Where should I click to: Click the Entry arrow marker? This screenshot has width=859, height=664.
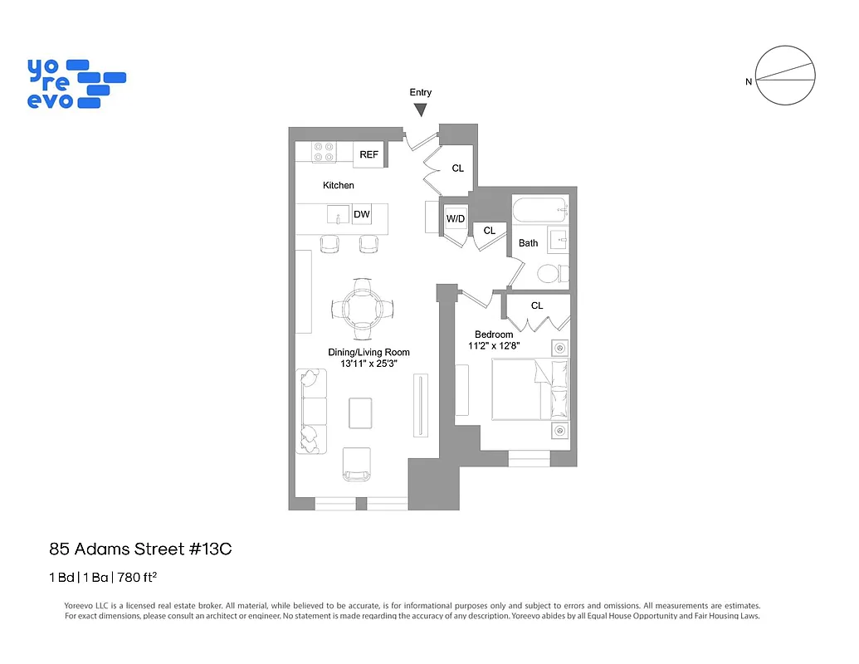[x=422, y=110]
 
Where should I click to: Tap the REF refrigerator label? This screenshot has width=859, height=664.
[x=369, y=155]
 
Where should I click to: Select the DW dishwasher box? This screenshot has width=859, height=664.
[x=362, y=215]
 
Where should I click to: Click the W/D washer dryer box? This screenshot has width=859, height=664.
[x=456, y=219]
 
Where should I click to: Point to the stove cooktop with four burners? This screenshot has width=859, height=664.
[x=324, y=152]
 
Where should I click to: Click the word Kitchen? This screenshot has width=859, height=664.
[x=339, y=185]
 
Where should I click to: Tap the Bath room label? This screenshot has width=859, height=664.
[x=529, y=243]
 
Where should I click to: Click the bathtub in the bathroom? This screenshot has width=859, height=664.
[x=539, y=210]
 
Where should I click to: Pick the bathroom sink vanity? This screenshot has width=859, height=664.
[x=559, y=242]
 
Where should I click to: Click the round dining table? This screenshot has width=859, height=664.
[x=363, y=309]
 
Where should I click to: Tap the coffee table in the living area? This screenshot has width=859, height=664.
[x=360, y=413]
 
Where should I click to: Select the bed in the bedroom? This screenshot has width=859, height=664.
[x=530, y=389]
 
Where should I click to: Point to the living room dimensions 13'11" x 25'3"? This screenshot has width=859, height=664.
[x=369, y=364]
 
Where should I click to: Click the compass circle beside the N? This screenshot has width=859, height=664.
[x=787, y=75]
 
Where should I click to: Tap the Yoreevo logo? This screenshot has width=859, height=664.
[x=76, y=83]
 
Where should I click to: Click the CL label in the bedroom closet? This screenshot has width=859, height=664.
[x=537, y=305]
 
